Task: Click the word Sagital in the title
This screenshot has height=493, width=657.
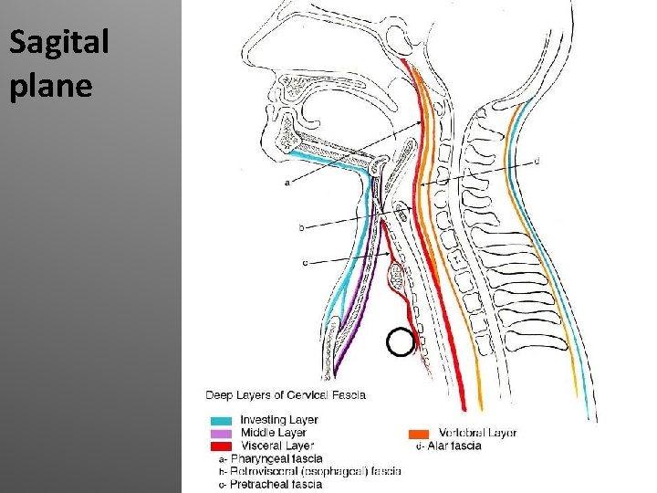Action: [59, 43]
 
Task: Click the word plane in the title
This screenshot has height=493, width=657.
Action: [51, 85]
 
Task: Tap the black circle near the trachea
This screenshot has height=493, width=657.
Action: [400, 342]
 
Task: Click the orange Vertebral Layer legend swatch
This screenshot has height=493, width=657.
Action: [418, 433]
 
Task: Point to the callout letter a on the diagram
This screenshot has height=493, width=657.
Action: [288, 183]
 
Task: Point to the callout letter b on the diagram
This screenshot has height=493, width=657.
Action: [302, 228]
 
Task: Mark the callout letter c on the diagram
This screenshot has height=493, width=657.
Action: [305, 264]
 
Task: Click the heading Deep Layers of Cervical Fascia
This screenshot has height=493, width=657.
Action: [286, 395]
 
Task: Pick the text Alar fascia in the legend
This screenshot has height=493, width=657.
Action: [454, 446]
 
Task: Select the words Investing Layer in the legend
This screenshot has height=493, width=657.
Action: [279, 420]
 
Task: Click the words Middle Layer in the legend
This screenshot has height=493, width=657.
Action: [273, 432]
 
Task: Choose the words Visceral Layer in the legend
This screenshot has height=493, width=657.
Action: [276, 445]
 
